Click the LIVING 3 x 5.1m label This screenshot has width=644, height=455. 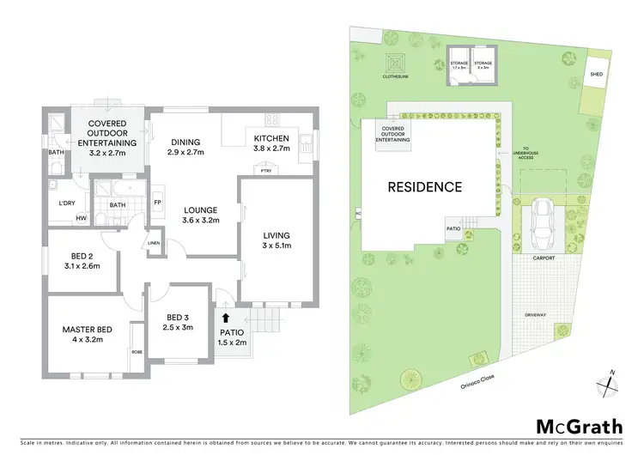[x=276, y=240]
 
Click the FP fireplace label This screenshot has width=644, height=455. [x=157, y=203]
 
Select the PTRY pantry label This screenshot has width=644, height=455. [x=265, y=170]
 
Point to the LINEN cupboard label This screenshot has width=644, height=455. [x=154, y=244]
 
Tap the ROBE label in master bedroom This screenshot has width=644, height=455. [x=137, y=352]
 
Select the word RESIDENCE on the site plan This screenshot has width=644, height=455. [x=424, y=186]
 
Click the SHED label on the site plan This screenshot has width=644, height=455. [x=596, y=75]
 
